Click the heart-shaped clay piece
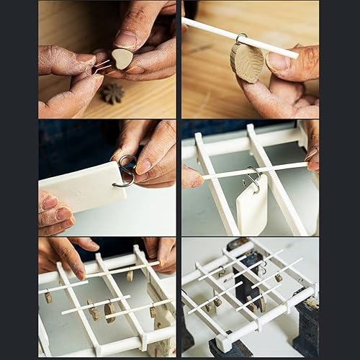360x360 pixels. pyautogui.click(x=122, y=58)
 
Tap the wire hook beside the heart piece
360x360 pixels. pyautogui.click(x=102, y=67)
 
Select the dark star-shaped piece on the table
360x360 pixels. pyautogui.click(x=112, y=93)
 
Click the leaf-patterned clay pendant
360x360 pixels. pyautogui.click(x=247, y=63)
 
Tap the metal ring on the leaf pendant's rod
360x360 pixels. pyautogui.click(x=240, y=37)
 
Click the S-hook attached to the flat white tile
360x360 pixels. pyautogui.click(x=125, y=171)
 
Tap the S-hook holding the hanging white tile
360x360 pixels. pyautogui.click(x=253, y=180)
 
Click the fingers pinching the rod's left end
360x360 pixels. pyautogui.click(x=192, y=176)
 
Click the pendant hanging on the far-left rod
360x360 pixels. pyautogui.click(x=48, y=297)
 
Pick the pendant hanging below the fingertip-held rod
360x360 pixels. pyautogui.click(x=130, y=276)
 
